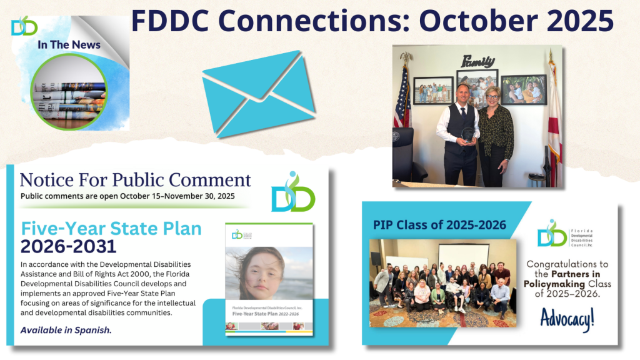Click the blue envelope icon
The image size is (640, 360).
coord(259,94)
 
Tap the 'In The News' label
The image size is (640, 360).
coord(69,44)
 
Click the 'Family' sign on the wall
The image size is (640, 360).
coord(478,61)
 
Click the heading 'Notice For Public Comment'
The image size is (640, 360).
coord(135,180)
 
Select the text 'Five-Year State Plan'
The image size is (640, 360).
coord(111,228)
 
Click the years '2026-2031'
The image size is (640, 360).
coord(69,246)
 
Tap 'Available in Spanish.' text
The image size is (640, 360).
coord(66,330)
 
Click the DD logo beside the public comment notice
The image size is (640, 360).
coord(292,192)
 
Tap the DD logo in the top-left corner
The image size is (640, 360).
coord(24,26)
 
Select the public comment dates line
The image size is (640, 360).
coord(127,196)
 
